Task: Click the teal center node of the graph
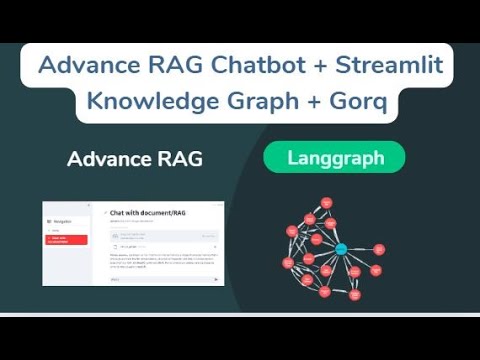(341, 248)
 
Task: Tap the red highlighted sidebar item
(65, 240)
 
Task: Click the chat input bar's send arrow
(216, 280)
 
